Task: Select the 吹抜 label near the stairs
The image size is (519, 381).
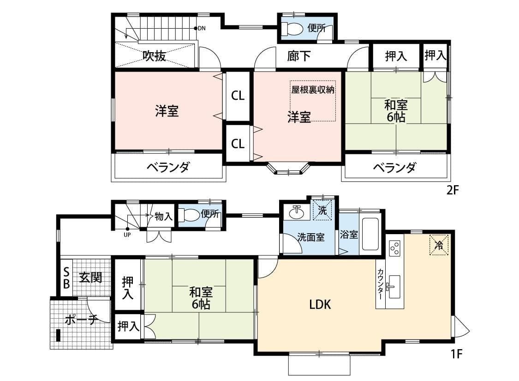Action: [154, 56]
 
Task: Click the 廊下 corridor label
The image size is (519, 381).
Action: [298, 56]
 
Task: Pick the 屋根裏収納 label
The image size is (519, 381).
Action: [312, 90]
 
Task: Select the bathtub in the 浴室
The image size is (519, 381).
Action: [370, 234]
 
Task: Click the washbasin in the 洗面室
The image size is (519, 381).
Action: [296, 213]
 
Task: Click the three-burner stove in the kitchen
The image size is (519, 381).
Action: [395, 249]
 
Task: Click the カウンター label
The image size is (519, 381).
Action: [380, 284]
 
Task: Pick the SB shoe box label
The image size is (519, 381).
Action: [66, 278]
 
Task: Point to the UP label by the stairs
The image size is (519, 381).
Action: [127, 234]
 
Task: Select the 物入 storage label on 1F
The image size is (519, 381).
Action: [164, 216]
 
